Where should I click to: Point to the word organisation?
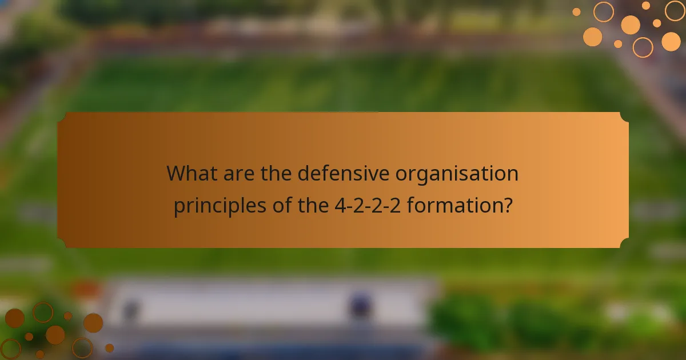[x=457, y=173]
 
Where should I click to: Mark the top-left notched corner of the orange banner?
[x=62, y=117]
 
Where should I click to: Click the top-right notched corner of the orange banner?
[x=624, y=117]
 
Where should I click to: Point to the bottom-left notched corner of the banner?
[x=62, y=243]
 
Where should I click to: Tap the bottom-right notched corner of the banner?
[x=624, y=243]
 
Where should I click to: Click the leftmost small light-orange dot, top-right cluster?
[x=576, y=11]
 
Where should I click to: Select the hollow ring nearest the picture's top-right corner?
[x=675, y=10]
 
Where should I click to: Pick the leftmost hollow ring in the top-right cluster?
[x=603, y=11]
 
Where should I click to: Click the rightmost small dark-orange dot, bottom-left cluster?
[x=109, y=347]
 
